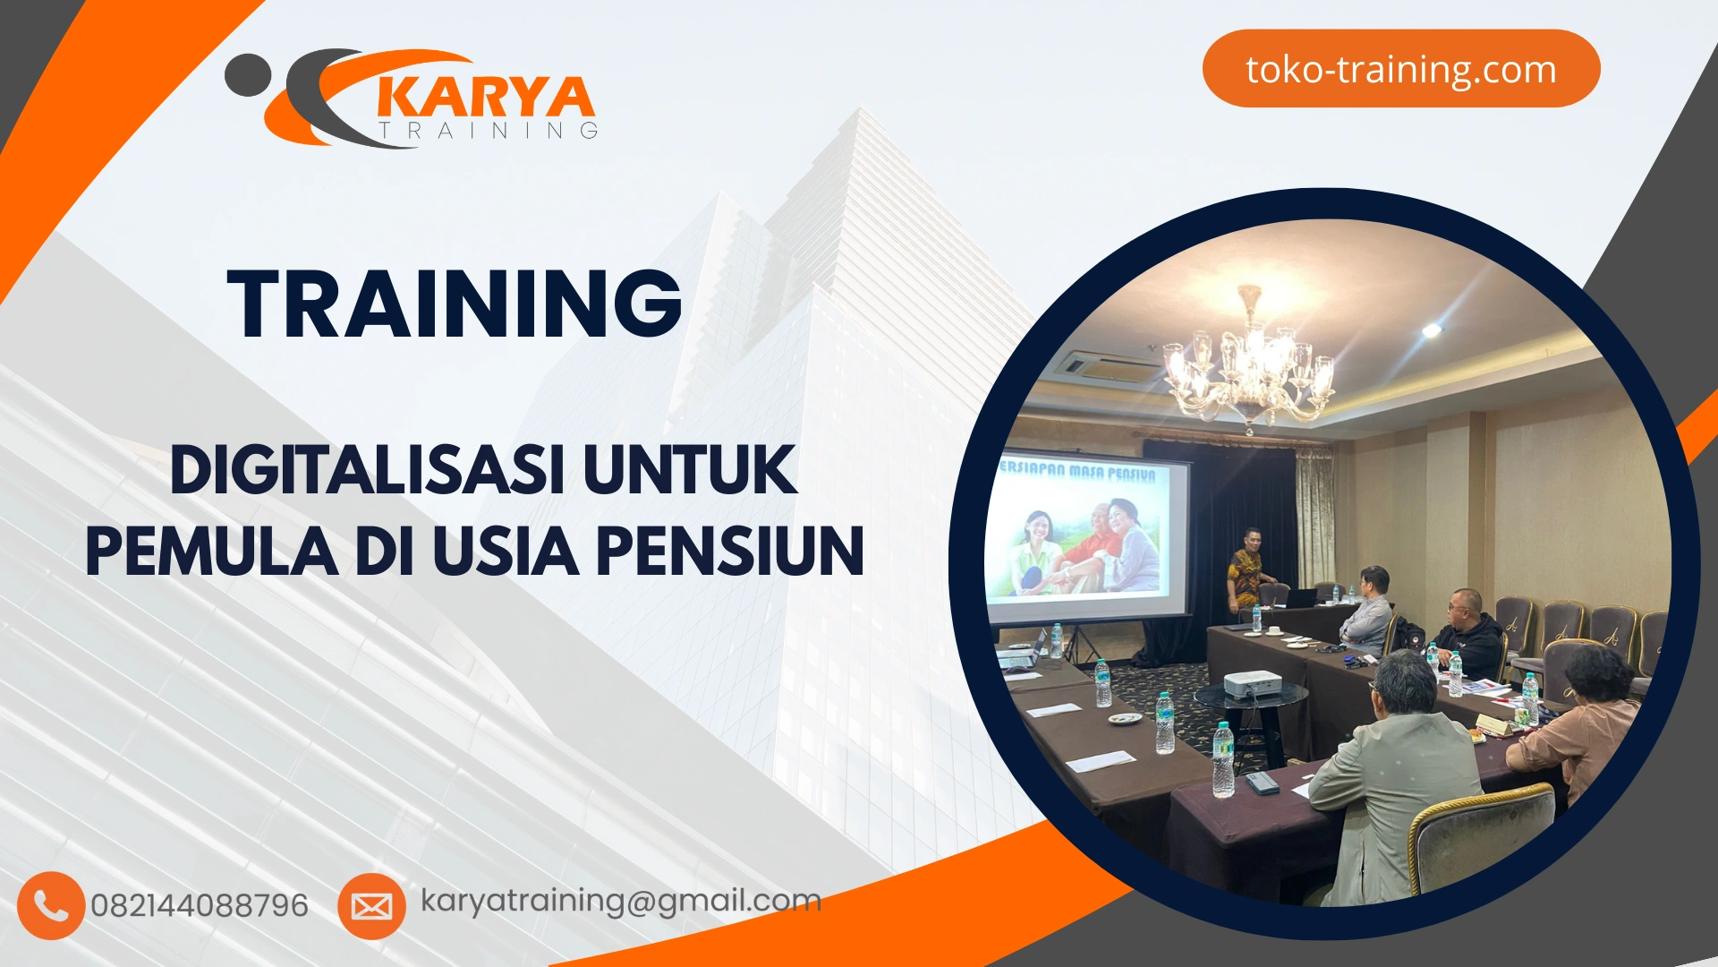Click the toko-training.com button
(1400, 69)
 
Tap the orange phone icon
(50, 905)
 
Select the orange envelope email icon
(371, 906)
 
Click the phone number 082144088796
(199, 906)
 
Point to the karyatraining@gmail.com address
(620, 901)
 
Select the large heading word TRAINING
(455, 304)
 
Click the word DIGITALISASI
(367, 470)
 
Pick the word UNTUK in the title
(689, 470)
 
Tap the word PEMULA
(212, 551)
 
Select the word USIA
(506, 551)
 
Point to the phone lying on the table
(1262, 783)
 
